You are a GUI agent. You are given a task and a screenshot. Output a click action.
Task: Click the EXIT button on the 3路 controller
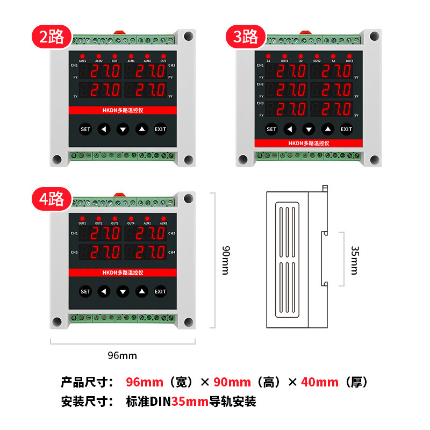point(346,129)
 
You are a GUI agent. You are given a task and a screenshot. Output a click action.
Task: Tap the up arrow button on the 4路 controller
point(141,291)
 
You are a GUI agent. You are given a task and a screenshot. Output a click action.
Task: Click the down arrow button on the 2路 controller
point(123,129)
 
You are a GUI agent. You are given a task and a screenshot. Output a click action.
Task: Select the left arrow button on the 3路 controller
point(290,129)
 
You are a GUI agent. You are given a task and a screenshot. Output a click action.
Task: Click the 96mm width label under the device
point(123,355)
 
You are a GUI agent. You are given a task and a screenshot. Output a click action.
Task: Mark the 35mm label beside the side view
point(354,260)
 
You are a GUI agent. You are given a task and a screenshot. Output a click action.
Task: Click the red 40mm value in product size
point(320,382)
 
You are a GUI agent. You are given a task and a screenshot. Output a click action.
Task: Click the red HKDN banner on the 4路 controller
point(123,273)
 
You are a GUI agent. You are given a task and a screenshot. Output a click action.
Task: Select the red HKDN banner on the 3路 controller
point(308,144)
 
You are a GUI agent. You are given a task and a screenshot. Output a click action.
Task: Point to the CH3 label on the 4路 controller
point(74,252)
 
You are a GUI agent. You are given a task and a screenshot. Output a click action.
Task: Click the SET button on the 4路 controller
point(85,291)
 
